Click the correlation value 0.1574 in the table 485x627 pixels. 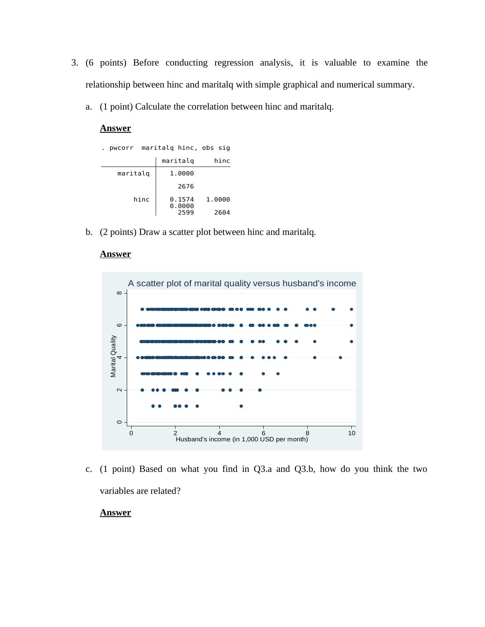click(182, 199)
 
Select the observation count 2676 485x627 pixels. click(186, 186)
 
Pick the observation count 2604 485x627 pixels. click(222, 213)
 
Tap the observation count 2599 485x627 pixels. click(186, 213)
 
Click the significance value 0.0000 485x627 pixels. click(182, 206)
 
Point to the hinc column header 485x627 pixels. click(222, 161)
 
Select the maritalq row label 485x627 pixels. click(133, 173)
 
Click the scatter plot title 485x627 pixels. click(242, 283)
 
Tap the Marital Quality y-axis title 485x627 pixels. click(113, 356)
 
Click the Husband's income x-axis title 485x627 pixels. click(242, 439)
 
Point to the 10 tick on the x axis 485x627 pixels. click(352, 433)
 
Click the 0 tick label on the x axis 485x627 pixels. click(131, 433)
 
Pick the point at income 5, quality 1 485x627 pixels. click(241, 406)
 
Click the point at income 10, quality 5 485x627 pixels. click(351, 342)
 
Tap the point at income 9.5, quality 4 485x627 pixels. click(340, 357)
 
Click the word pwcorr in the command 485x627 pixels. click(121, 148)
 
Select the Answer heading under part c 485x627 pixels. click(115, 513)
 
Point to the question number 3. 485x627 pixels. click(74, 63)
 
